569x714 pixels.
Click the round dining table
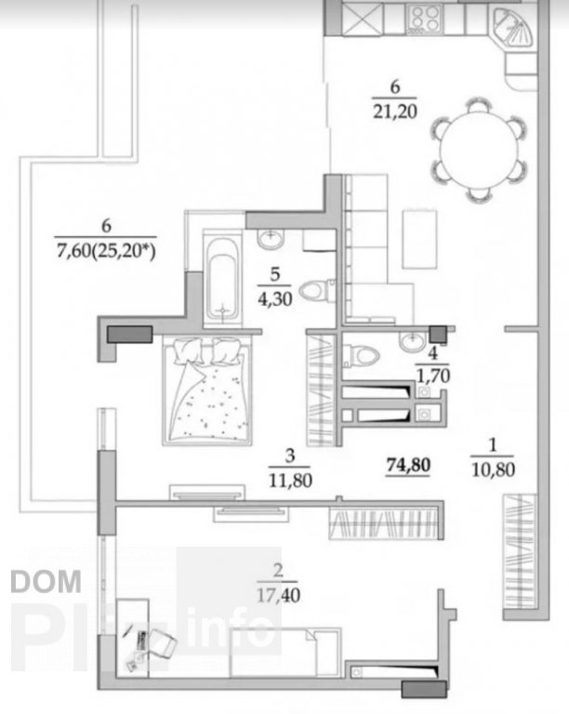coord(479,149)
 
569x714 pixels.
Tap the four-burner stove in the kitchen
coord(425,19)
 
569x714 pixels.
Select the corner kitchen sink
coord(513,27)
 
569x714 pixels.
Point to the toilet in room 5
coord(316,290)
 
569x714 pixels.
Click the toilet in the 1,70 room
coord(361,354)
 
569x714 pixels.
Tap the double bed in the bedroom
coord(207,390)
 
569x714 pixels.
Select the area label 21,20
coord(394,112)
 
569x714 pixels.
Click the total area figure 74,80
coord(408,465)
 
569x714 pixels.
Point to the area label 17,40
coord(278,595)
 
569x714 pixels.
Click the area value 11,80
coord(290,480)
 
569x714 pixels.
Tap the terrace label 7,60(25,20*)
coord(106,251)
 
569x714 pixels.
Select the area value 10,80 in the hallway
coord(493,469)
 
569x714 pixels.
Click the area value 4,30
coord(275,299)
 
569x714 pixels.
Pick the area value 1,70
coord(433,377)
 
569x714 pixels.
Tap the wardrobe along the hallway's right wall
coord(520,552)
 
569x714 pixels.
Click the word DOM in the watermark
coord(46,581)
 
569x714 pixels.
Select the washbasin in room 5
coord(271,239)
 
